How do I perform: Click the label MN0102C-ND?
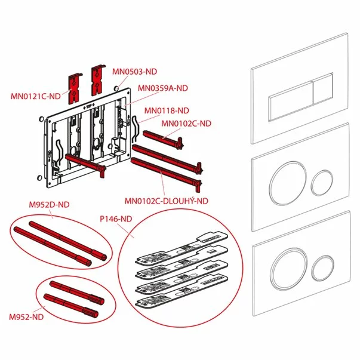pyautogui.click(x=187, y=124)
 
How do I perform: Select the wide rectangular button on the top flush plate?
pyautogui.click(x=290, y=101)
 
